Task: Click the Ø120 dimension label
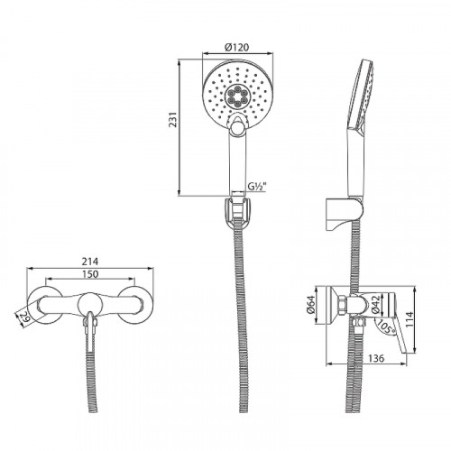point(236,51)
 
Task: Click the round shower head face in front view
point(236,95)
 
